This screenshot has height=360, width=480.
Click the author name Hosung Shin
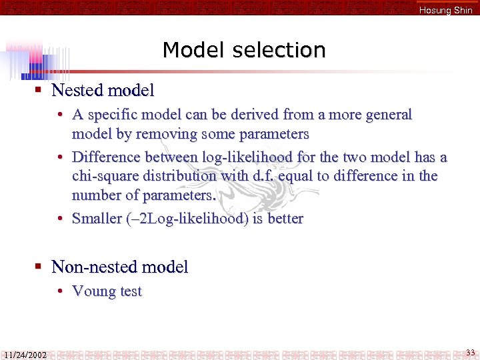click(445, 10)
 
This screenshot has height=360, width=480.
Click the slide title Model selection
click(244, 50)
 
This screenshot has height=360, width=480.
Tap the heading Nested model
click(103, 90)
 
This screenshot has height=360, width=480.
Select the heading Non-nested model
click(119, 267)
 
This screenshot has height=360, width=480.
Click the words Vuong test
click(107, 291)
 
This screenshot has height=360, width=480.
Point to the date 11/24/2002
click(25, 355)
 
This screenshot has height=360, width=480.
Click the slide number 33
click(470, 352)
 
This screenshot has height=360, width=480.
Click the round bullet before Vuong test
click(60, 291)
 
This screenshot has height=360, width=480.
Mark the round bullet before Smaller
click(60, 219)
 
